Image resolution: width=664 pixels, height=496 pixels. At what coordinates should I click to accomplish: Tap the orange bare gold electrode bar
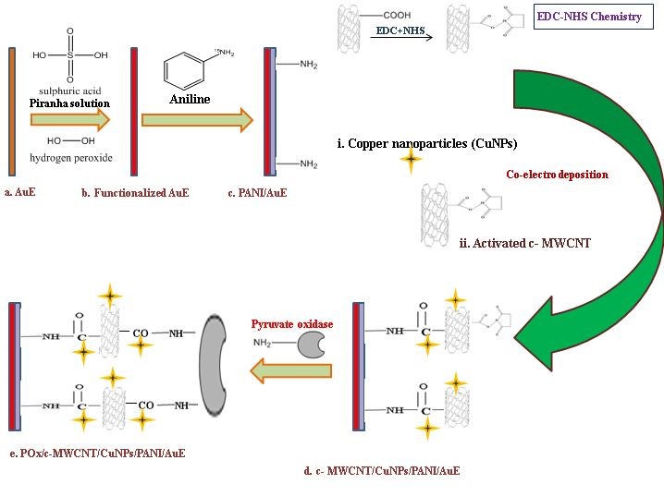coord(12,111)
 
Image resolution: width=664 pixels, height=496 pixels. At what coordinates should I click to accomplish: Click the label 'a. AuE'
coord(20,193)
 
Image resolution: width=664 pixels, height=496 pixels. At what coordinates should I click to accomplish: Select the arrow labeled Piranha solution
coord(70,118)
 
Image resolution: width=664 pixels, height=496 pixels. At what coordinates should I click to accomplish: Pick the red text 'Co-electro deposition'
coord(557,174)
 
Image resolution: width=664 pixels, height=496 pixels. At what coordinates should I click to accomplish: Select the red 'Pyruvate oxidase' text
coord(291,324)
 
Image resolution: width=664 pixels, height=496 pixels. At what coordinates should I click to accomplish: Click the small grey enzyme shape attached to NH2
coord(312,345)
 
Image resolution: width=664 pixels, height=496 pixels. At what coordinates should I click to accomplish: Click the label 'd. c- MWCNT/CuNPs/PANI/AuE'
coord(381,471)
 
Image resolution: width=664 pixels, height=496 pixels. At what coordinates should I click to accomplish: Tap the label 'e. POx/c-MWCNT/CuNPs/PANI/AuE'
coord(97,453)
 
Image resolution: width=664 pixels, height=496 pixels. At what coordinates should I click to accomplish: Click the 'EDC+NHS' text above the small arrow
coord(400,30)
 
